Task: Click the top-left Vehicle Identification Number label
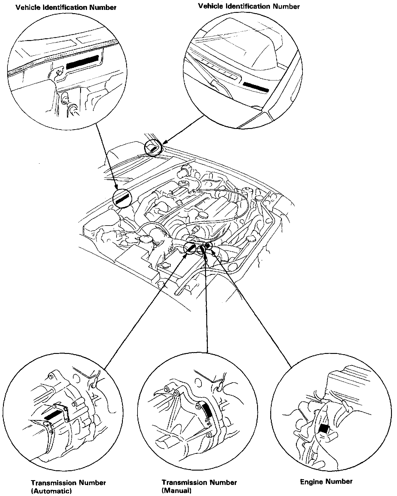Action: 66,8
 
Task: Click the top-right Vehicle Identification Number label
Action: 249,6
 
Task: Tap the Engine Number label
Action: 326,482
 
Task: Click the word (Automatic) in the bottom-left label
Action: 51,491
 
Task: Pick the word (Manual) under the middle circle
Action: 176,491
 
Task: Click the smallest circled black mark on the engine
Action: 209,246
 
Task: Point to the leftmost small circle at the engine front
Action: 190,248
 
